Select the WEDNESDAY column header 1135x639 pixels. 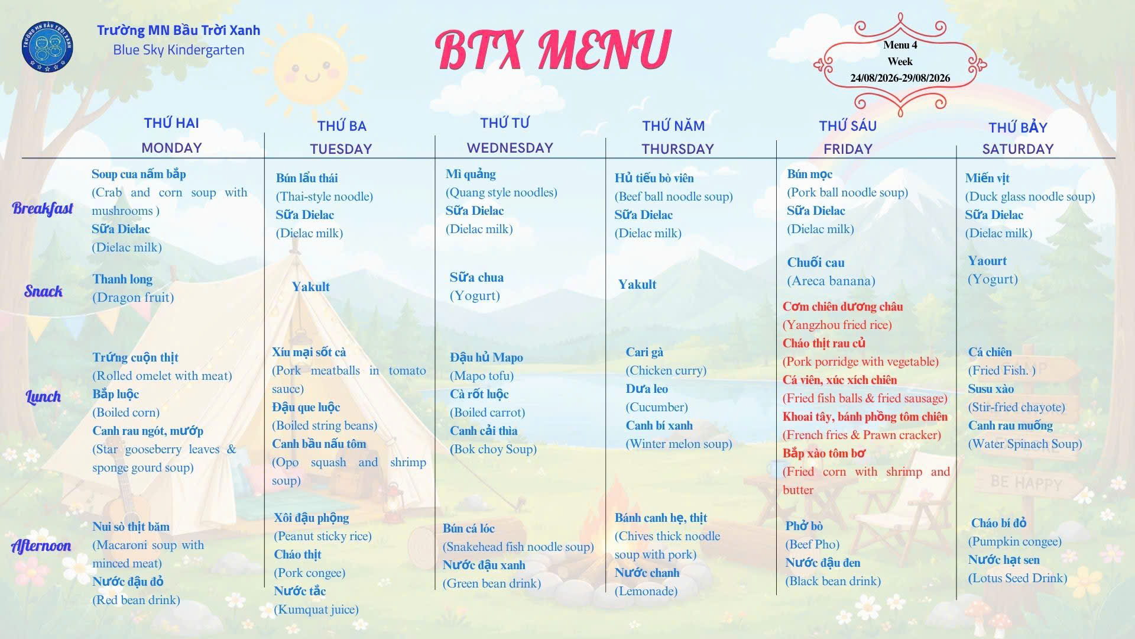pos(510,148)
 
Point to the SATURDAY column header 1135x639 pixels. pos(1018,149)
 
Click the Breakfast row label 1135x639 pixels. pos(43,208)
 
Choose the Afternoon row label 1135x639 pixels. pos(41,546)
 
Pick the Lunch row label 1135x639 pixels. pos(43,396)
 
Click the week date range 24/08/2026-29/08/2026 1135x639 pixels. pos(900,78)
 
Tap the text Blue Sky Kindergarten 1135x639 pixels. pos(179,50)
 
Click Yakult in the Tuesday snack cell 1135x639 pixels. pos(310,287)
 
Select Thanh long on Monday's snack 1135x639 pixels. pos(122,279)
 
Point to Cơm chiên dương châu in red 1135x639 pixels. pos(842,306)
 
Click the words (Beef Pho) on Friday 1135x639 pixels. pos(812,544)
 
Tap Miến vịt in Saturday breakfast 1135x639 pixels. pos(987,178)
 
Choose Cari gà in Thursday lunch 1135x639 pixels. pos(644,352)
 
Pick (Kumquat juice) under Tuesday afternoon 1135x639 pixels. pos(316,609)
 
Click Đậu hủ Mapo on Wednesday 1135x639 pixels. pos(486,357)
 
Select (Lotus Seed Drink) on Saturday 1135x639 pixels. pos(1017,578)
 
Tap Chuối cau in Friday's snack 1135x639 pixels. pos(815,263)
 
